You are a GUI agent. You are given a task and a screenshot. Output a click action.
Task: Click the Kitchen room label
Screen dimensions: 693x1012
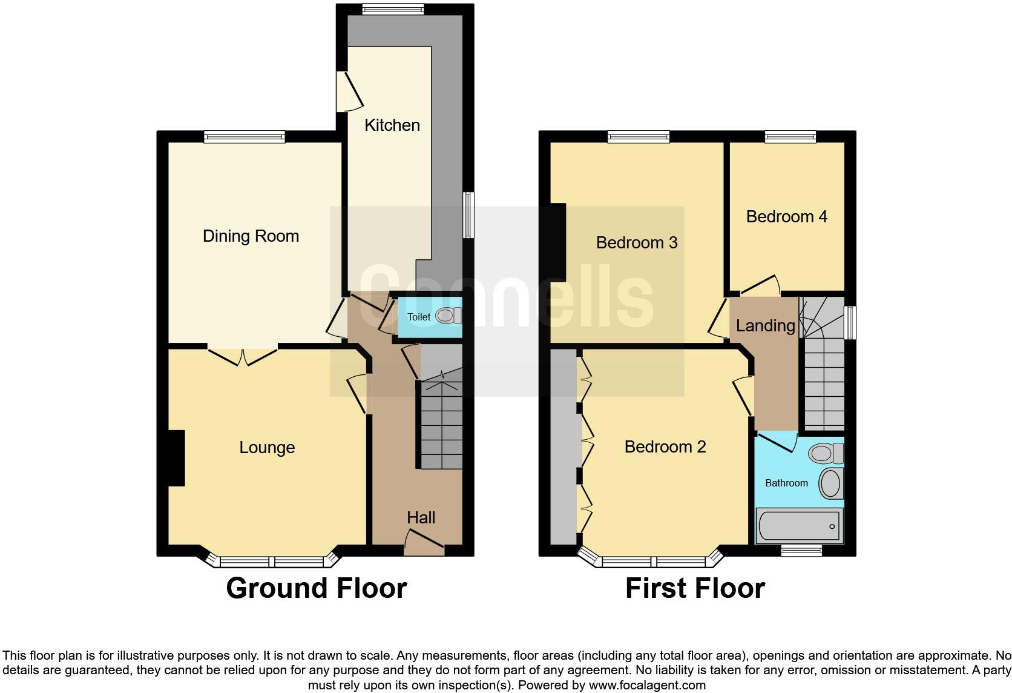point(392,125)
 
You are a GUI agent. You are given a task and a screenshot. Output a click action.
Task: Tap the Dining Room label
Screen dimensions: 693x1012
point(251,236)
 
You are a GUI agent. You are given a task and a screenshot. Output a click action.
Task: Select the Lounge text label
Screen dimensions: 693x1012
point(267,447)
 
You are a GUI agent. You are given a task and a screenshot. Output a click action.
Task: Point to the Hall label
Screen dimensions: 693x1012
point(421,517)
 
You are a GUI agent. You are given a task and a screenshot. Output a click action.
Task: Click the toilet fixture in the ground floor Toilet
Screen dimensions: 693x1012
point(448,316)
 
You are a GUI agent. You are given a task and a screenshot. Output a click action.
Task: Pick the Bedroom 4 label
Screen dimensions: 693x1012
point(786,216)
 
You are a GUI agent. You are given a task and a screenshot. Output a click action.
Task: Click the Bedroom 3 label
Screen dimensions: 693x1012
point(637,242)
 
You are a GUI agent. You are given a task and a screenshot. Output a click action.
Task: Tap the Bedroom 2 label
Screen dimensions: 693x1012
point(665,446)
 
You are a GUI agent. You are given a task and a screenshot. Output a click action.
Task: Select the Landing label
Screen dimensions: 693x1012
point(765,325)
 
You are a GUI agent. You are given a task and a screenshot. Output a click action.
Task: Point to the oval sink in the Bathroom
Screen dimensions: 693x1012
point(830,483)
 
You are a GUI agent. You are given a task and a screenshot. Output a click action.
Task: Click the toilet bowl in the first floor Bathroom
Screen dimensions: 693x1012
point(824,453)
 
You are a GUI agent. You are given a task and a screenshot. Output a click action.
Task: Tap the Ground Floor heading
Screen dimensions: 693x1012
point(316,588)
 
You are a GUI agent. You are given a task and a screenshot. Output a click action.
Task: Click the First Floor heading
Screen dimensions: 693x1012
point(695,588)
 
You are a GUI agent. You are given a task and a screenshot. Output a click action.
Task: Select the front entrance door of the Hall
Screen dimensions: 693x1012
point(424,543)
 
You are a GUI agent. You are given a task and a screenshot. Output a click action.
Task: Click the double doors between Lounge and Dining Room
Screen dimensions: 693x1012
point(242,356)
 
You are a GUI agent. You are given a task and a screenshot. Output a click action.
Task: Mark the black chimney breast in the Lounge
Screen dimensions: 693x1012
point(176,457)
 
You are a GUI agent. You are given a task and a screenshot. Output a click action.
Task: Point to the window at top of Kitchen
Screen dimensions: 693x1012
point(393,9)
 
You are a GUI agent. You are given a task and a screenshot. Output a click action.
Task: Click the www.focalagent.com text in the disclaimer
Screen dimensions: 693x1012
point(647,685)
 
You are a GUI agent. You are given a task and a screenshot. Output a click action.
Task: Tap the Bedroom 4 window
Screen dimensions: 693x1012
point(790,137)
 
